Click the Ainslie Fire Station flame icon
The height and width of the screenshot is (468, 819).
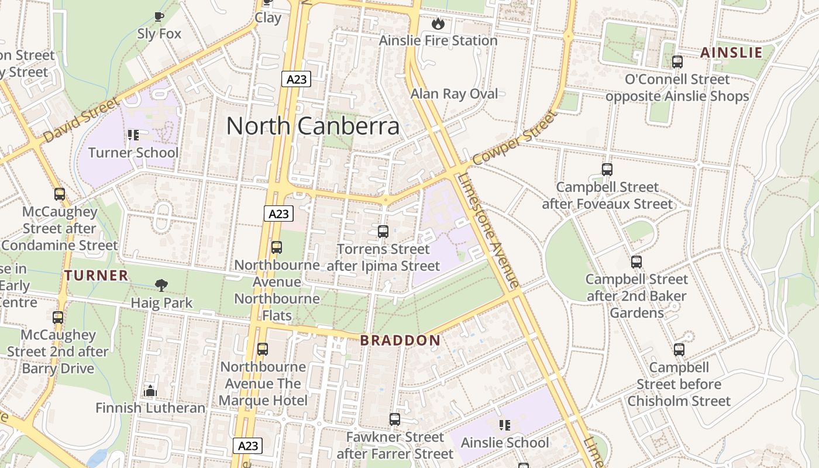click(x=438, y=24)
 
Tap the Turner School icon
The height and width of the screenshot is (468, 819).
click(x=133, y=135)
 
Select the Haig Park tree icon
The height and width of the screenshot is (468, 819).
click(x=161, y=285)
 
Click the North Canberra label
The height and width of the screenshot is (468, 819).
click(x=313, y=126)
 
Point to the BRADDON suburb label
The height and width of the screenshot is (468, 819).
click(x=400, y=340)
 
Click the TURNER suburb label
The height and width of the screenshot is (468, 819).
click(x=96, y=275)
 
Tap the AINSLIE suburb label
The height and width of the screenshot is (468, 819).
click(x=731, y=53)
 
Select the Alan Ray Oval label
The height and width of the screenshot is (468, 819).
click(x=454, y=94)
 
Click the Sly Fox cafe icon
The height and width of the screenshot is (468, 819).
click(x=159, y=16)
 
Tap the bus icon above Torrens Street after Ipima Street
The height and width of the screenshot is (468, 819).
click(x=383, y=232)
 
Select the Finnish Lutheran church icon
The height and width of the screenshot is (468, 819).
click(x=150, y=390)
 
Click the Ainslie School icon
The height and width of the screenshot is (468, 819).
click(x=504, y=425)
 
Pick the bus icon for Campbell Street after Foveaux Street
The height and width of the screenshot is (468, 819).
click(x=607, y=170)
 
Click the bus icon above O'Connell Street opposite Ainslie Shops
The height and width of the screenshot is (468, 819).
click(x=677, y=61)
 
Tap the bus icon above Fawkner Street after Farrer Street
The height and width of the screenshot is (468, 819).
click(x=395, y=419)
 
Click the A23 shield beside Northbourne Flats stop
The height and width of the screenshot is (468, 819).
click(x=278, y=214)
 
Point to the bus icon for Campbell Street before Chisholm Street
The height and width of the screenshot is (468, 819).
click(x=679, y=350)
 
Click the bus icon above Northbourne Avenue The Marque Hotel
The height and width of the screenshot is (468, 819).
click(x=263, y=349)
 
